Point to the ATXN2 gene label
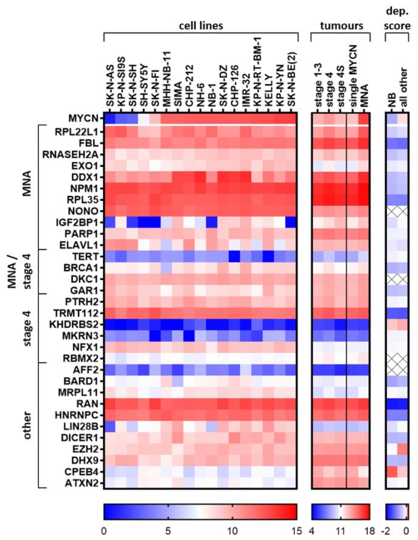coord(83,483)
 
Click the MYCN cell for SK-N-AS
coord(110,120)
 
